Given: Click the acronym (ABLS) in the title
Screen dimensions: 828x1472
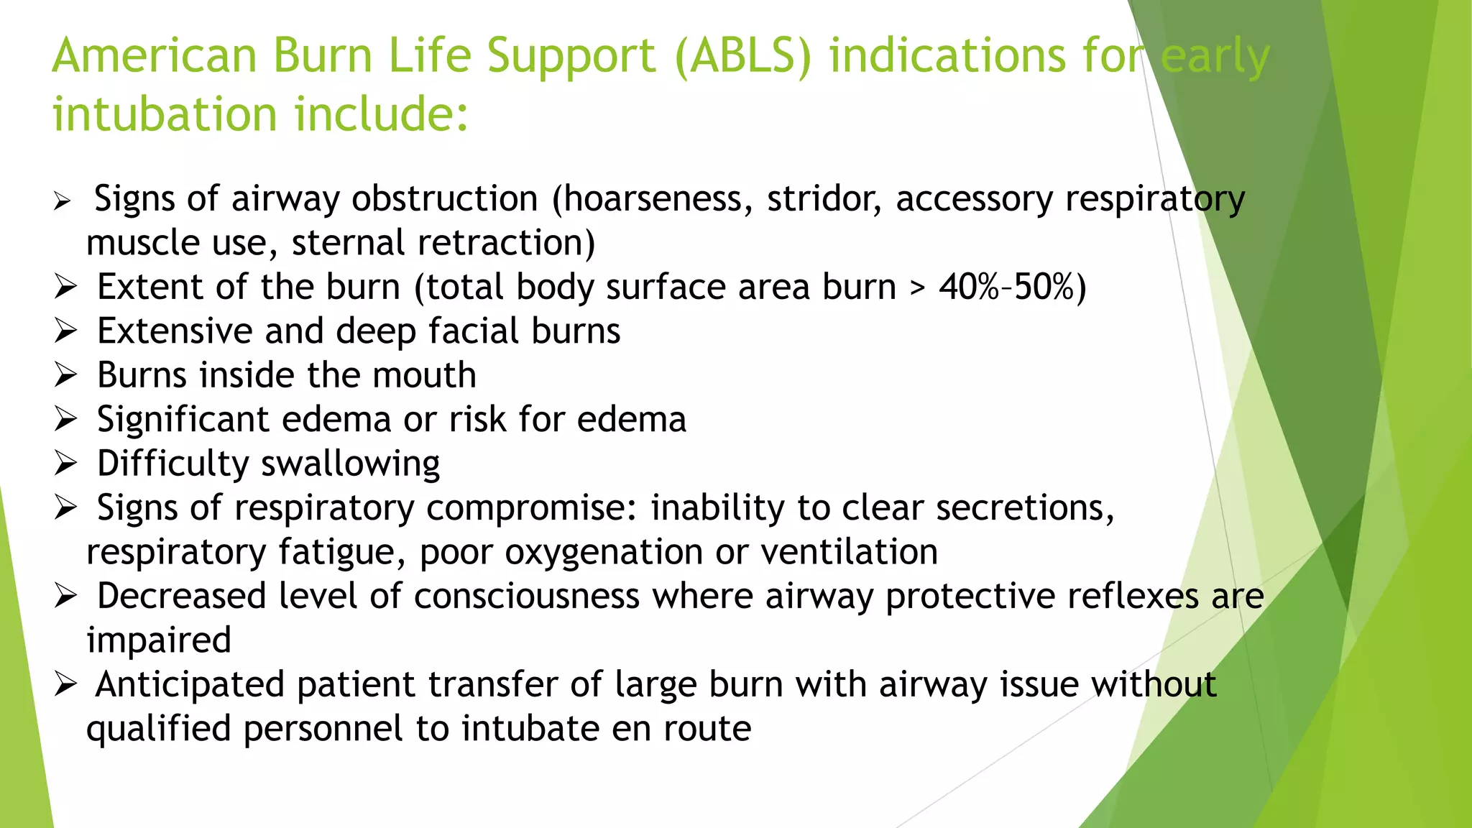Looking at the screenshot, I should click(742, 56).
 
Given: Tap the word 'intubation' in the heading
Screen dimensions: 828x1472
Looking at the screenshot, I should click(165, 115).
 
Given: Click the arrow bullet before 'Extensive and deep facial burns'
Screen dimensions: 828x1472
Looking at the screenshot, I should click(65, 331).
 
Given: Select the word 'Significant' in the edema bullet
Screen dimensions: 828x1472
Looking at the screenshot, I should click(183, 420).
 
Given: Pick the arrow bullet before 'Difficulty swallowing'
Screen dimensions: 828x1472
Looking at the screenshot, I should click(65, 464).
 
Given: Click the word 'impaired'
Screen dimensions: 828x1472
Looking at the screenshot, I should click(159, 641).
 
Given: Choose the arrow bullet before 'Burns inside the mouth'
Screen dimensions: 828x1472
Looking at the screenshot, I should click(65, 375).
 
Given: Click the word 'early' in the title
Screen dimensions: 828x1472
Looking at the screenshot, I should click(1215, 56).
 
